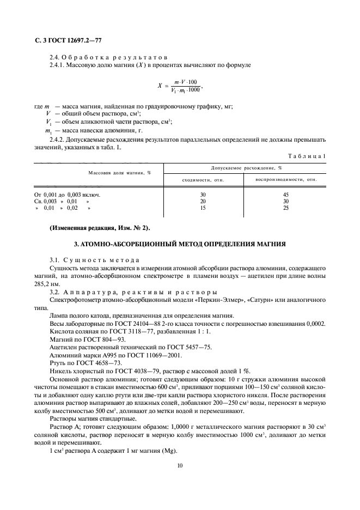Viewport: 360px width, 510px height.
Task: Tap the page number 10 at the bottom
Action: (x=179, y=466)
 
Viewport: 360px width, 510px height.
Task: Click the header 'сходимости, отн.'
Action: (x=203, y=179)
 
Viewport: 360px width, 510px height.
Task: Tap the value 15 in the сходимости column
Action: (x=203, y=208)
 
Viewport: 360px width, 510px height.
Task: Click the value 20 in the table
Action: (x=203, y=201)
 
